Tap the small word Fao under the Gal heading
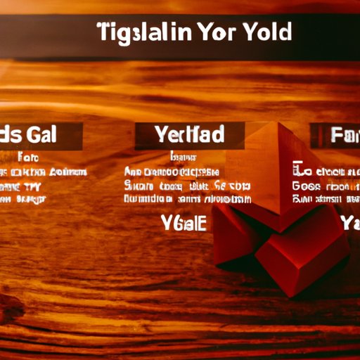[x=30, y=157]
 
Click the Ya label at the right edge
[x=350, y=224]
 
